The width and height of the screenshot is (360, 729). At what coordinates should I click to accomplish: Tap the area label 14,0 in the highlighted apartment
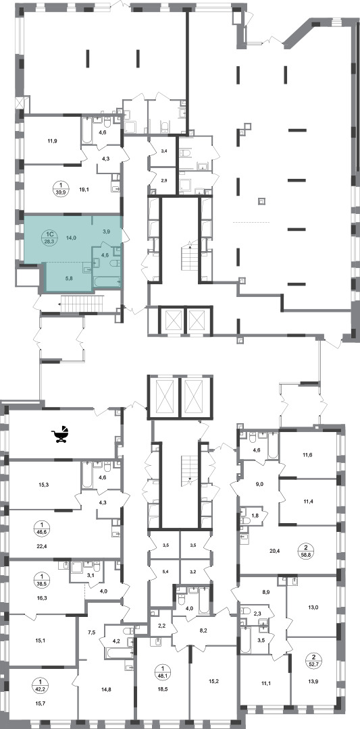pyautogui.click(x=72, y=238)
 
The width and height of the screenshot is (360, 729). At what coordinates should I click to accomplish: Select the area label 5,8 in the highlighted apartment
pyautogui.click(x=68, y=279)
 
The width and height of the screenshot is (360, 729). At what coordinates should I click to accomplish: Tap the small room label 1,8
pyautogui.click(x=255, y=515)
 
